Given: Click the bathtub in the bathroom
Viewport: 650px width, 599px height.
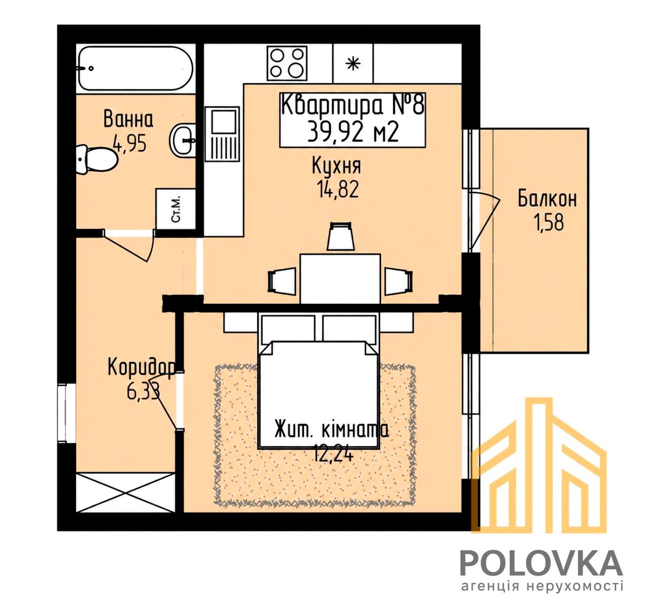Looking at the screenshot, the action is pos(136,68).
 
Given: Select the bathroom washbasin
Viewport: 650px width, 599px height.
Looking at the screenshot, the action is pos(183,139).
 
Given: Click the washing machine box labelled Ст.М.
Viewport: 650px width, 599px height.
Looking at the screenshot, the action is pos(176,209).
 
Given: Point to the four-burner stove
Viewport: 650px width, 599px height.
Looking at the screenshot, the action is pos(287,63).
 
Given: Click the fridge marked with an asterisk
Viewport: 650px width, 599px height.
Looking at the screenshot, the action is pos(353,63).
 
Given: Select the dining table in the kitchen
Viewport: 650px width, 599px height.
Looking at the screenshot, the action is pos(340,279).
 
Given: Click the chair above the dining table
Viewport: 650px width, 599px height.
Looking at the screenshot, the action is pos(341,236).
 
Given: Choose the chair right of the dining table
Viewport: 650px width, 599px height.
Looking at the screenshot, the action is pos(399,281).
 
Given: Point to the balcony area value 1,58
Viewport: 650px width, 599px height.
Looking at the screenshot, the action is pos(550,223).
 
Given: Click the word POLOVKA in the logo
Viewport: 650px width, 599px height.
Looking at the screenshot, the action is pos(541,563).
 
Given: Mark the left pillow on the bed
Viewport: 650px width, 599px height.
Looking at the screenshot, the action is pos(288,328).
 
